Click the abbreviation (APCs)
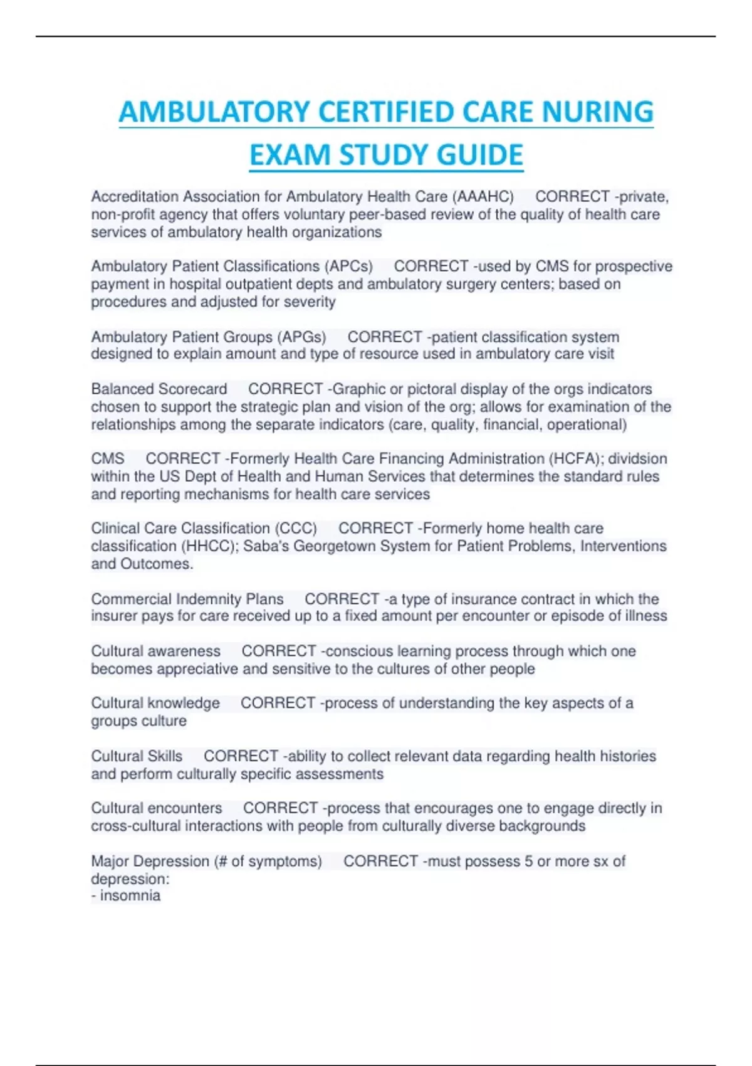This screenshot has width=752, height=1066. [x=348, y=266]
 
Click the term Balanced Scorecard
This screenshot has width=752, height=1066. [x=159, y=389]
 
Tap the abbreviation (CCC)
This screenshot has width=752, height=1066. [x=295, y=529]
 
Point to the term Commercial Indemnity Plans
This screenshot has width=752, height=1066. [x=187, y=599]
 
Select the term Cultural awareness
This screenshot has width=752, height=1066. [x=155, y=652]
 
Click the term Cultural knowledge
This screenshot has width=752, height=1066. [x=155, y=704]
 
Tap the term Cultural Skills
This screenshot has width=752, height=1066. [x=137, y=756]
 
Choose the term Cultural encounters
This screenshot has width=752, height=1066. [x=157, y=808]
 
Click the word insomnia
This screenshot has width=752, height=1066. [x=130, y=895]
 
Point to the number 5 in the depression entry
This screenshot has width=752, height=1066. [x=528, y=862]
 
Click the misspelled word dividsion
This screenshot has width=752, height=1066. [x=637, y=459]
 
